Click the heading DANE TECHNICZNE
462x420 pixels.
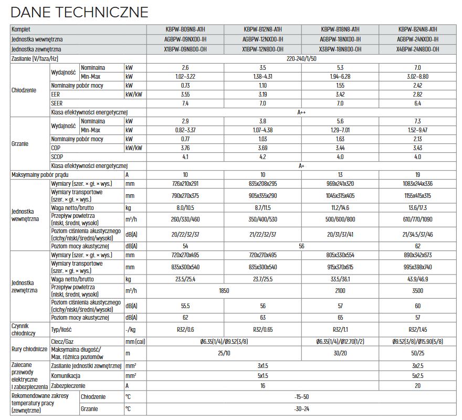(x=79, y=12)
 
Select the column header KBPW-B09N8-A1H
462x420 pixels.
(x=185, y=29)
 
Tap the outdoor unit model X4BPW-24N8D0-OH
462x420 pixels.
(x=418, y=49)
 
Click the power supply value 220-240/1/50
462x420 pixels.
(x=301, y=58)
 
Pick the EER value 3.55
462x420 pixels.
(x=185, y=94)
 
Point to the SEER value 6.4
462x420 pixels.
(x=418, y=103)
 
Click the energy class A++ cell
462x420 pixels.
(x=301, y=112)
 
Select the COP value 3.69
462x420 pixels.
(x=262, y=148)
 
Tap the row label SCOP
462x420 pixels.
(x=57, y=157)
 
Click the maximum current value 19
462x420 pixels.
(x=418, y=174)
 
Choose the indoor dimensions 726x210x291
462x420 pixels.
(x=185, y=183)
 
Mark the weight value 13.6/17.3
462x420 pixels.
(x=418, y=207)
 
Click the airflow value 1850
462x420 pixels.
(x=224, y=290)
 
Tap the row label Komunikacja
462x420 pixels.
(x=66, y=376)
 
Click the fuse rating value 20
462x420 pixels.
(x=418, y=385)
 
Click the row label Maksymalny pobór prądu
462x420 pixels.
(x=40, y=174)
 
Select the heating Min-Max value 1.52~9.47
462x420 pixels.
(x=418, y=130)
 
